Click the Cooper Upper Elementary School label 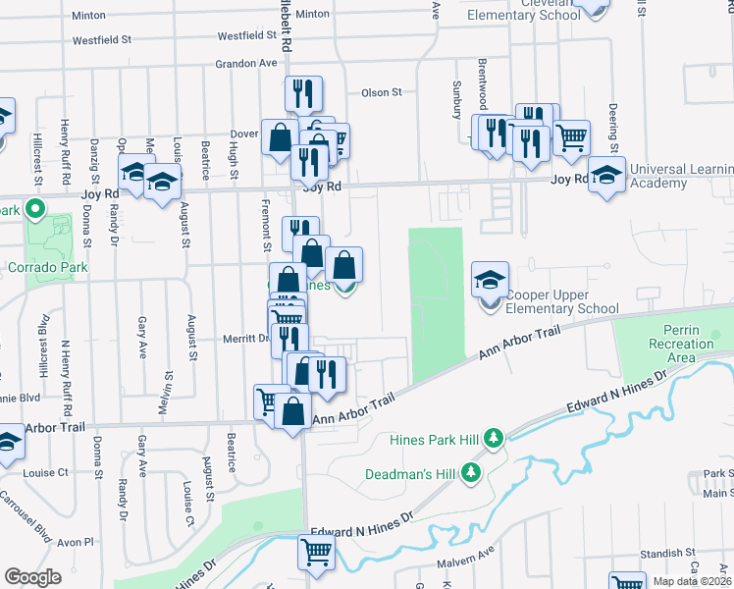[561, 301]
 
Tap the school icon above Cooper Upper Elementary [490, 280]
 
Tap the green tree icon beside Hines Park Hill [497, 437]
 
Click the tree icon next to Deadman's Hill [472, 473]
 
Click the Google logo [33, 577]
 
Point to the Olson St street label [382, 92]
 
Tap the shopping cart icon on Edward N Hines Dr [316, 553]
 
